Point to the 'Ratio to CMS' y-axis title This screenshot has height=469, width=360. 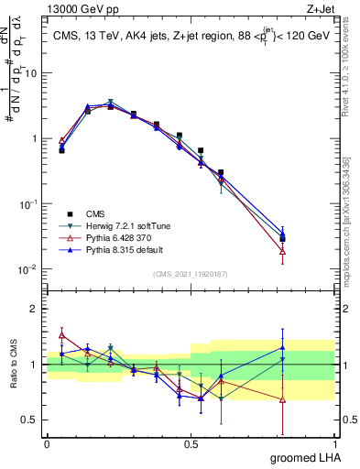point(14,363)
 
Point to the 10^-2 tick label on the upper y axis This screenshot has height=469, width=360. point(31,269)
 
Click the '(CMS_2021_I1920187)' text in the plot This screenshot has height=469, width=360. point(190,273)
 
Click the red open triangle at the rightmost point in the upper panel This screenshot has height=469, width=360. point(308,250)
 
